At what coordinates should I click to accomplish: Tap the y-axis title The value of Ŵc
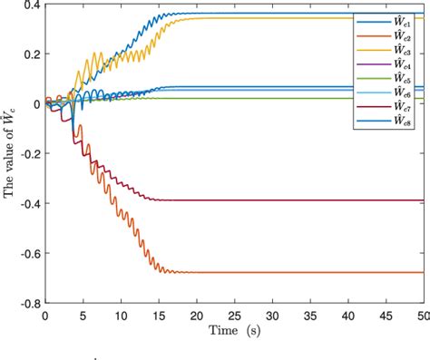(x=9, y=151)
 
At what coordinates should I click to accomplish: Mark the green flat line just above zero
(x=272, y=98)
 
